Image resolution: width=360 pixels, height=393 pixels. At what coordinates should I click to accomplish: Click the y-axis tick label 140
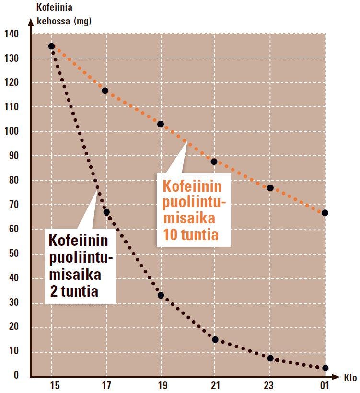12,34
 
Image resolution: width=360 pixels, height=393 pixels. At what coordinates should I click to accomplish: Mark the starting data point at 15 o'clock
52,46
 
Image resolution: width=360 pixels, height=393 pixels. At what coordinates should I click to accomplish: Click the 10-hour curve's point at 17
105,91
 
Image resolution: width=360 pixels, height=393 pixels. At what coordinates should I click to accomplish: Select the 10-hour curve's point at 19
161,124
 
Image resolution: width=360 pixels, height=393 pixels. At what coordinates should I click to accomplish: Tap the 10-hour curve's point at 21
214,162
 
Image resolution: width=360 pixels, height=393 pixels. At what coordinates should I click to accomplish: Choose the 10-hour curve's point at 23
270,188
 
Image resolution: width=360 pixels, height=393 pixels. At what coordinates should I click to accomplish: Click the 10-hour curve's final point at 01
325,213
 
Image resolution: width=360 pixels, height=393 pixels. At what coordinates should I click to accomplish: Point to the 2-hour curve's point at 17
106,212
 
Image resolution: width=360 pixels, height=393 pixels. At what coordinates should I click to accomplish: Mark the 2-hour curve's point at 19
161,295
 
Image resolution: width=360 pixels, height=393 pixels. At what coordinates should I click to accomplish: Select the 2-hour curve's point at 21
215,340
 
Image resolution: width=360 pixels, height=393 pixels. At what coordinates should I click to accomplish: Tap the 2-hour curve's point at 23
270,358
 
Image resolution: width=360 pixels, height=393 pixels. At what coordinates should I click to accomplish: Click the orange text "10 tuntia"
191,235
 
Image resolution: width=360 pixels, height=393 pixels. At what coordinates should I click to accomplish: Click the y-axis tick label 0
16,375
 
